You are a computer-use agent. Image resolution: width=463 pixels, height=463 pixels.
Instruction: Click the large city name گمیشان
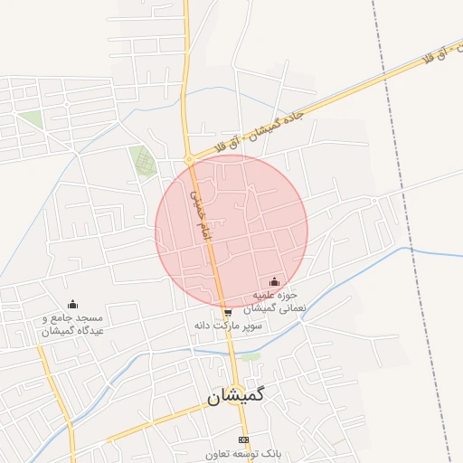tap(238, 396)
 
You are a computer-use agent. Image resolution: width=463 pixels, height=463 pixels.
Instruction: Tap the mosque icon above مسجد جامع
tap(73, 304)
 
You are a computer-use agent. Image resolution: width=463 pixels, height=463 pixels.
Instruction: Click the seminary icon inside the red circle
tap(275, 282)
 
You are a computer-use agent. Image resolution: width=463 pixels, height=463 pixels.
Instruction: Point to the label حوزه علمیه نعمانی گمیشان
tap(276, 301)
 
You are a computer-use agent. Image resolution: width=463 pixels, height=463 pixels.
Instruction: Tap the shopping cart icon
tap(226, 312)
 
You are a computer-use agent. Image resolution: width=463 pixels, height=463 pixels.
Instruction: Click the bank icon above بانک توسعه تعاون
tap(242, 439)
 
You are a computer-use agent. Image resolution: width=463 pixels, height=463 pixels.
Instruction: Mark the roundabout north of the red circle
tap(189, 160)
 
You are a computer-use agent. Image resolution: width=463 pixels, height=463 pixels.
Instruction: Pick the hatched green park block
tap(142, 161)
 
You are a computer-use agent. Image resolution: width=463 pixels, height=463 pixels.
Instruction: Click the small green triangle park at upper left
tap(32, 119)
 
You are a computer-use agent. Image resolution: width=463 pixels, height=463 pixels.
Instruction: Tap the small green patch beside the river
tap(250, 357)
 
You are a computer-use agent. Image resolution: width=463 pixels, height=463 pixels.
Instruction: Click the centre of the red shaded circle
tap(231, 231)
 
